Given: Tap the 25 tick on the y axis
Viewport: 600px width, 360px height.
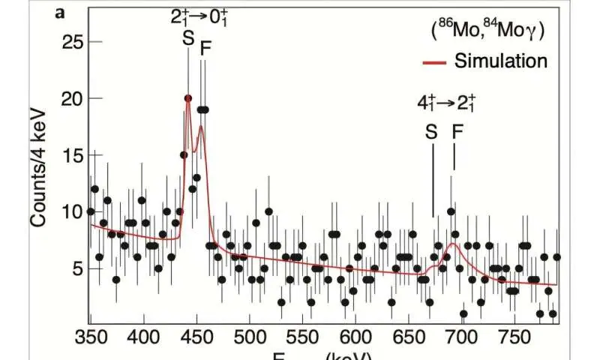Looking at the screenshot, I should tap(70, 42).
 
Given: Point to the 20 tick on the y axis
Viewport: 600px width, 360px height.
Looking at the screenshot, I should tap(70, 98).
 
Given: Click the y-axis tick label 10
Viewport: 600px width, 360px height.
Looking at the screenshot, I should tap(70, 211).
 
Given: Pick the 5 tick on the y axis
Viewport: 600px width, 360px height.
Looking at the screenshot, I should tap(75, 268).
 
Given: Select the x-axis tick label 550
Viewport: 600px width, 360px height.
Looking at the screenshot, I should tap(302, 334).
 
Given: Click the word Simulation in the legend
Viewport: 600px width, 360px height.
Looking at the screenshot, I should tap(501, 61).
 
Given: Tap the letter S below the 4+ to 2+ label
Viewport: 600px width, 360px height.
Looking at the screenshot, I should tap(431, 132).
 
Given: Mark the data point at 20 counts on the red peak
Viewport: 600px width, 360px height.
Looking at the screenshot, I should tap(188, 98).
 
